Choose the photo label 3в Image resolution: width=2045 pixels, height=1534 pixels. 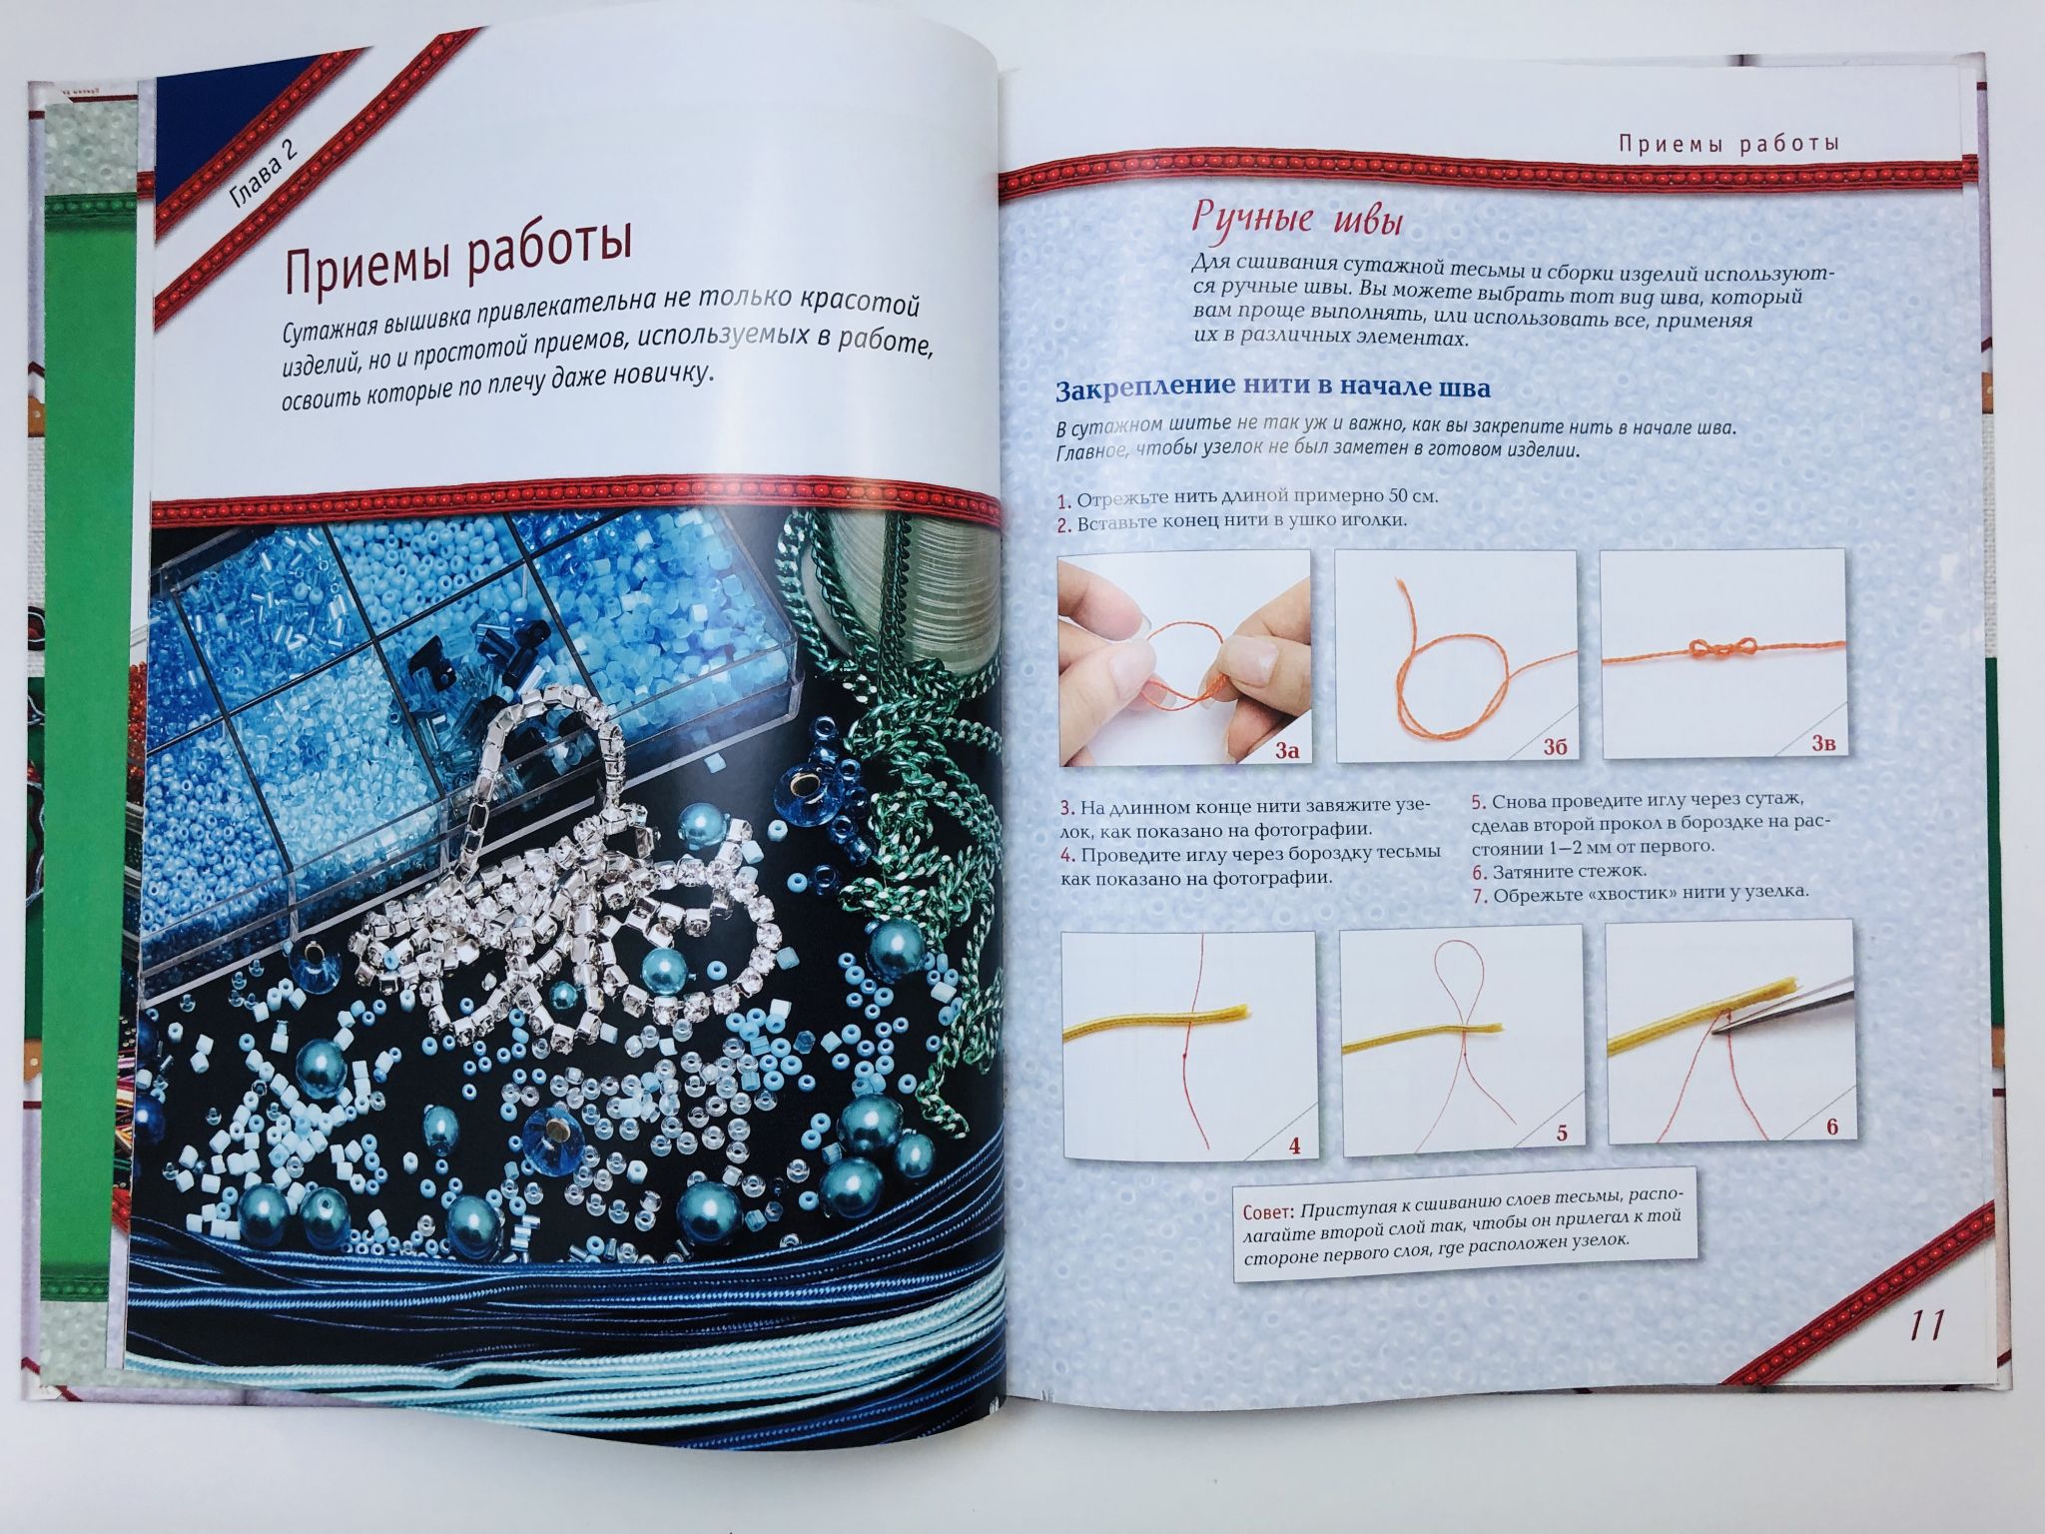(1824, 743)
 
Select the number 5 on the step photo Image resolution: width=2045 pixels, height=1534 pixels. (1563, 1134)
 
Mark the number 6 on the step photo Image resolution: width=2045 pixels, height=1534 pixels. (1832, 1127)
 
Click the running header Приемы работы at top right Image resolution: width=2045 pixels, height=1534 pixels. (1728, 144)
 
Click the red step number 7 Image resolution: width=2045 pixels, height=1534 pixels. (1479, 896)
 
